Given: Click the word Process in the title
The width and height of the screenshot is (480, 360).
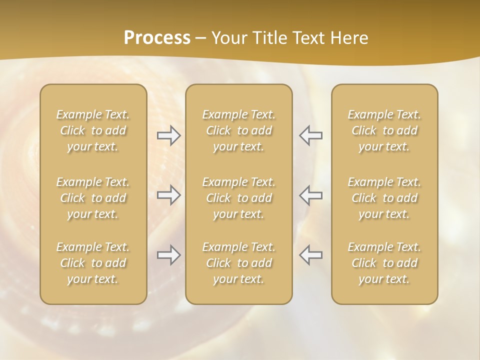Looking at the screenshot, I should (x=157, y=38).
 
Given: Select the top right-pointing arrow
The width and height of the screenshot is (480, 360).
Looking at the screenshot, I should (x=169, y=135).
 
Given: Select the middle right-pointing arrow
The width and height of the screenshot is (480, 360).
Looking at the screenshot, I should (x=169, y=195).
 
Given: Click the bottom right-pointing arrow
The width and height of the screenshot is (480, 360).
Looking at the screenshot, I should (x=169, y=255).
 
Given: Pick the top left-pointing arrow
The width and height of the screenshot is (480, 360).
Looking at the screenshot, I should (x=310, y=135).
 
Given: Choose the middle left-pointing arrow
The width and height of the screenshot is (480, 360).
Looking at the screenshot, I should (x=310, y=195).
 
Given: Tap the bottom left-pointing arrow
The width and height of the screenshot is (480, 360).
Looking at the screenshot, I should (x=310, y=255).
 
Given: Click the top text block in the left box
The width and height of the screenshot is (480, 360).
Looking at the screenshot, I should (x=93, y=130).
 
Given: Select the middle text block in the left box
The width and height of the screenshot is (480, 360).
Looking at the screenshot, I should (x=93, y=198).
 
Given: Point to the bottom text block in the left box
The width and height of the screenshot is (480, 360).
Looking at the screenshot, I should (x=93, y=263).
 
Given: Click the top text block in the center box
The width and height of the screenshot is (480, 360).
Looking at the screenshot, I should (x=239, y=130).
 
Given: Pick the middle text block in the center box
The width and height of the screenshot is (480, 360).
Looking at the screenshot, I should (x=239, y=198).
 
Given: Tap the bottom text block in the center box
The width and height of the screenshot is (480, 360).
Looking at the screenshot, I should (x=239, y=263).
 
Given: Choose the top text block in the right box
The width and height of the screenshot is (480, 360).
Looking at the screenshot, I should (x=384, y=130).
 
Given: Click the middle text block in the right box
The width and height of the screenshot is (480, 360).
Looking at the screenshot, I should (x=384, y=198).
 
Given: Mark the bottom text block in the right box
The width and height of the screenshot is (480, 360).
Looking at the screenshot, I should (x=384, y=263).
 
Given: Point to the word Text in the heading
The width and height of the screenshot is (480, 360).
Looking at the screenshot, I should (x=307, y=38).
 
